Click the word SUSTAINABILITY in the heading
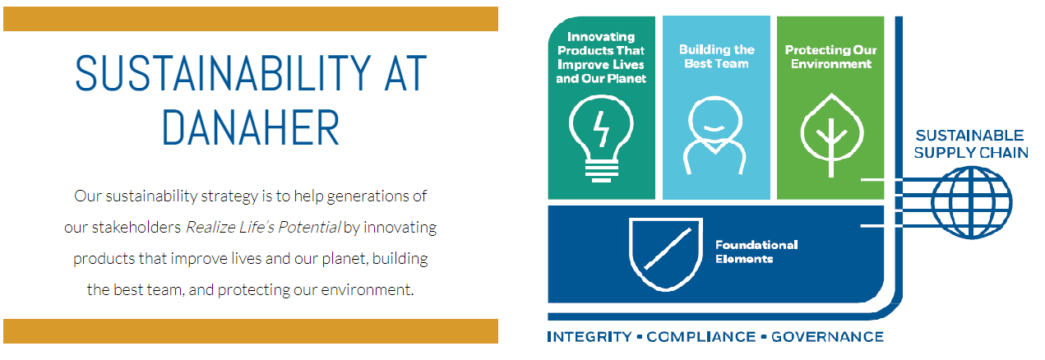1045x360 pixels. (x=224, y=73)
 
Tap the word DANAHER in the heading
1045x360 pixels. (x=251, y=127)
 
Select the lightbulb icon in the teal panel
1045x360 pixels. (x=601, y=139)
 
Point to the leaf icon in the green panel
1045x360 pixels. (x=831, y=136)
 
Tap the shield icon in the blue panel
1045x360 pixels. (x=666, y=254)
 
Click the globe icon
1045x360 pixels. (x=972, y=203)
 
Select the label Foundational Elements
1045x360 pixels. (x=756, y=252)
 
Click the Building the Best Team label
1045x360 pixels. (x=717, y=57)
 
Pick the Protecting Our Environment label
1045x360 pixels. (x=831, y=57)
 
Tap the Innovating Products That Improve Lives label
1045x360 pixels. (x=601, y=58)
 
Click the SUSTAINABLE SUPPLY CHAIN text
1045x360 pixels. (x=971, y=144)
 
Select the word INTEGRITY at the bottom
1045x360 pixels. (x=590, y=337)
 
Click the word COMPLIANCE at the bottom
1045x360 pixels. (x=701, y=337)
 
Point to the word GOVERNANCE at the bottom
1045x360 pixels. (x=827, y=337)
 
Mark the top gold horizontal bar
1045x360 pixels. (x=251, y=19)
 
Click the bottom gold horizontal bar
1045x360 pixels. (x=251, y=331)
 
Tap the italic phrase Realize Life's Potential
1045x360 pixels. (x=263, y=227)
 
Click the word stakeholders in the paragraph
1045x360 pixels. (x=136, y=227)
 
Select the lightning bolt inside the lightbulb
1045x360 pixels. (x=601, y=129)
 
